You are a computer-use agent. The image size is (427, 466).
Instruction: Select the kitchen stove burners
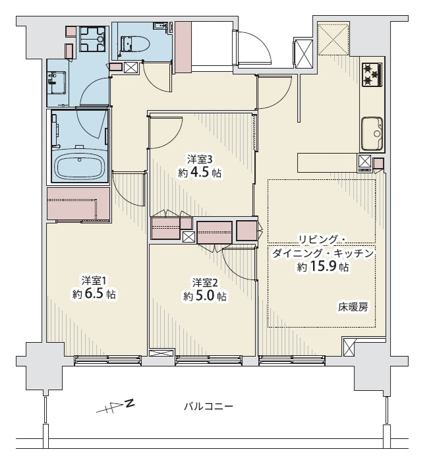371,74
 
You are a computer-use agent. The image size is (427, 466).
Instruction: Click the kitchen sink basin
372,133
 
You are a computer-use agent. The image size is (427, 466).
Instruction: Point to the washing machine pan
92,39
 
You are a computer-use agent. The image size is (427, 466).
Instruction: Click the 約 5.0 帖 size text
205,296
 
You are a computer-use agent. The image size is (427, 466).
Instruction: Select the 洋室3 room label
200,160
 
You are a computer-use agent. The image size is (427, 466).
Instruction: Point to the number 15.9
324,267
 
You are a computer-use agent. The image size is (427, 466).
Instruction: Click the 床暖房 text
353,307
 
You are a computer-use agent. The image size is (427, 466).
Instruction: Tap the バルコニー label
208,406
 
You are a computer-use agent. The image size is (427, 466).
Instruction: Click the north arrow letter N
130,403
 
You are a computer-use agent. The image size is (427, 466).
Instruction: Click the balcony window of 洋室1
107,360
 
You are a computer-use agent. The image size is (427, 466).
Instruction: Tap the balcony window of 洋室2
209,360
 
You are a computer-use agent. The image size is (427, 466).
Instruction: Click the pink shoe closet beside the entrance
183,47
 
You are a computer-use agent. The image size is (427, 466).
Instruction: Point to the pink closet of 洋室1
78,204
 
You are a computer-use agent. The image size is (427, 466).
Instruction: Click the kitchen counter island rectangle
327,162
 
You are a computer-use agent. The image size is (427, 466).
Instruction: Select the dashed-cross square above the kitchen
333,40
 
